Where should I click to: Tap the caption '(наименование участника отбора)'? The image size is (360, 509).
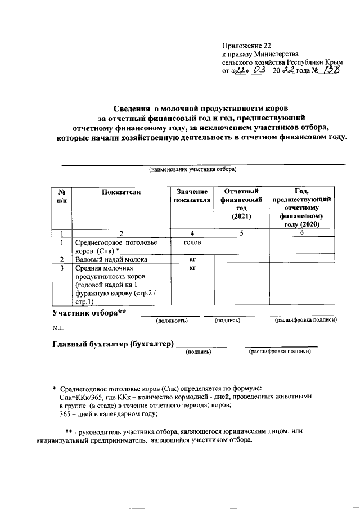[x=192, y=169]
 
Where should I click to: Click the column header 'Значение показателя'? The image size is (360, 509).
[x=192, y=196]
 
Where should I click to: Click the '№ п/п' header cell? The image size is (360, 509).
[x=62, y=196]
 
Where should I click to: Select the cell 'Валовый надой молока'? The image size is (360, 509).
[x=111, y=259]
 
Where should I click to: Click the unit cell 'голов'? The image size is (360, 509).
[x=192, y=242]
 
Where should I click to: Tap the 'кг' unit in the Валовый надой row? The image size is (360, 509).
[x=192, y=259]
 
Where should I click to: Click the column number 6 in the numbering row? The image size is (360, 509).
[x=302, y=233]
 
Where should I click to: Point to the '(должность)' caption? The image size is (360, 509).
[x=172, y=321]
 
